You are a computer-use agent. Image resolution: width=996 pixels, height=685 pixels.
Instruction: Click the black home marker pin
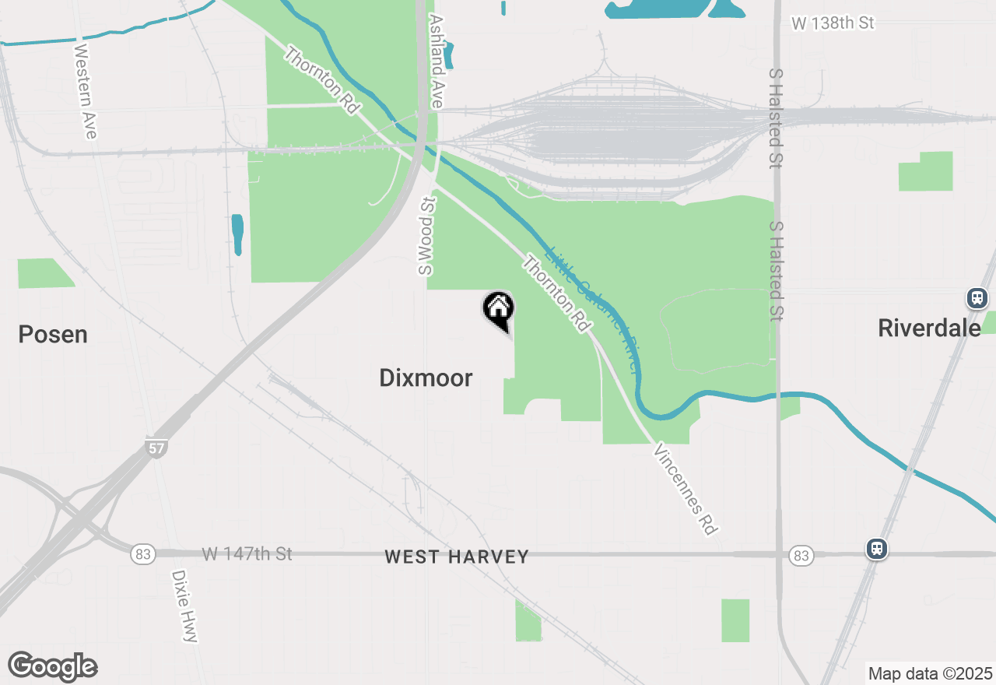click(x=499, y=309)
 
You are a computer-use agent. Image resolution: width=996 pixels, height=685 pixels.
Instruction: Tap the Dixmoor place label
click(x=426, y=378)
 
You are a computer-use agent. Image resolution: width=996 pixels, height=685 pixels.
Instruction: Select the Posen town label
click(x=53, y=335)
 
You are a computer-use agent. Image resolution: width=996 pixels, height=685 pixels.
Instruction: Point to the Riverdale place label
click(x=929, y=328)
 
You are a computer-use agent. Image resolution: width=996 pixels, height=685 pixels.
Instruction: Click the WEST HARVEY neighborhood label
click(x=457, y=557)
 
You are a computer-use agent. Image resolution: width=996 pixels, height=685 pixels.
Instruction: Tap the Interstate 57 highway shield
click(x=156, y=448)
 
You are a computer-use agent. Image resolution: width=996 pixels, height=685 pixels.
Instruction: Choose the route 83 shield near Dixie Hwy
click(x=142, y=554)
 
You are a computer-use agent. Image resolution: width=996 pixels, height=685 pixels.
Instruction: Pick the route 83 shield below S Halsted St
click(x=801, y=555)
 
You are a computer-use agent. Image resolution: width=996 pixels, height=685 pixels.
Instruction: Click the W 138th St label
click(x=833, y=23)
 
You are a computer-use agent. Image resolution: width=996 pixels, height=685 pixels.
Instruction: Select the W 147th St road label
click(x=247, y=554)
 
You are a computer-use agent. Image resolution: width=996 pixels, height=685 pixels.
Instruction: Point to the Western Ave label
click(x=86, y=91)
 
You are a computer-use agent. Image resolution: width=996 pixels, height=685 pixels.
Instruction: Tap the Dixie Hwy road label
click(x=184, y=606)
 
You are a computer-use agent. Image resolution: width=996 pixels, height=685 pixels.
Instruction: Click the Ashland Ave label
click(x=436, y=61)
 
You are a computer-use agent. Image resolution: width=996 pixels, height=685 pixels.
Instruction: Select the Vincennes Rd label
click(x=685, y=489)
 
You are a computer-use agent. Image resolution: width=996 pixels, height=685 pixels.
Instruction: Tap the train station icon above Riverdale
click(x=977, y=297)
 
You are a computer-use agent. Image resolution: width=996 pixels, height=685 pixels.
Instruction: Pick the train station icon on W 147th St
click(x=877, y=549)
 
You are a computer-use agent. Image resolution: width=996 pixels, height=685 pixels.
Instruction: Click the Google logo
click(x=53, y=667)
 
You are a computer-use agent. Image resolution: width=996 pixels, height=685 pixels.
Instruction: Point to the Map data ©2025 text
click(x=930, y=673)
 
